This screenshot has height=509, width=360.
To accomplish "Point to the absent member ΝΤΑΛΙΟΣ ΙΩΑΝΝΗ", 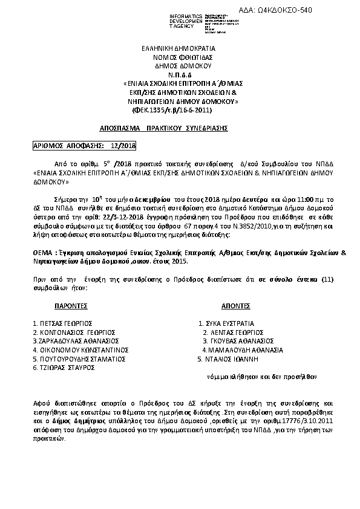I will click(227, 358).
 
